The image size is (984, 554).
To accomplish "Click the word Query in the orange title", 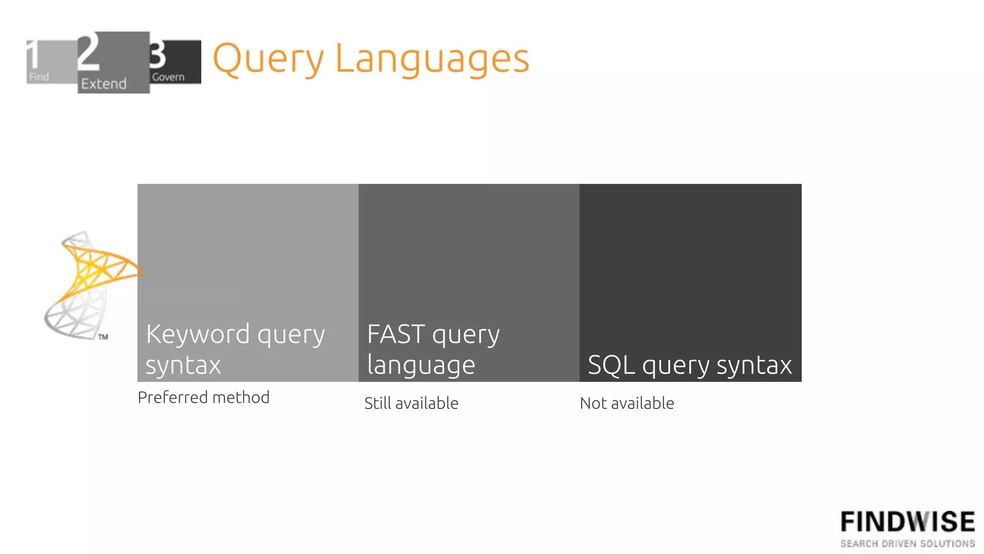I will [x=268, y=59].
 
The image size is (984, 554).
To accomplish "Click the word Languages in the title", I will [x=432, y=59].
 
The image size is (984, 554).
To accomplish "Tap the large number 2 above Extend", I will [x=89, y=52].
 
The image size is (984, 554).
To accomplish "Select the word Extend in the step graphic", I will [x=104, y=84].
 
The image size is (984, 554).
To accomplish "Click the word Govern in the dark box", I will [x=168, y=77].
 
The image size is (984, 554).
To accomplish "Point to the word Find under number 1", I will [x=39, y=77].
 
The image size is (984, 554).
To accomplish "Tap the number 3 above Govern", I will [x=157, y=54].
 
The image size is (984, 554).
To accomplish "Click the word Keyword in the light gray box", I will [x=198, y=333].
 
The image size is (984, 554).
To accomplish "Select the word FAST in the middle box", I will [x=396, y=333].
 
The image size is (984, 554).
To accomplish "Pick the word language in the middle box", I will [x=421, y=365].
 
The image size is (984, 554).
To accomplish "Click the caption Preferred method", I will [x=203, y=397].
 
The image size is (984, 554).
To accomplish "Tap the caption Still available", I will [x=411, y=403].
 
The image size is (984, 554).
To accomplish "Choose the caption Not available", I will [x=627, y=403].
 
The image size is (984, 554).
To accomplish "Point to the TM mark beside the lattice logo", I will [x=103, y=337].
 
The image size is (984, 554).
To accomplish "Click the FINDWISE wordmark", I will [x=907, y=522].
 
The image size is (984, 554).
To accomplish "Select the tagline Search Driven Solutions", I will [x=907, y=543].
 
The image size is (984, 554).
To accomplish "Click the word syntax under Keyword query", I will [x=183, y=365].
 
